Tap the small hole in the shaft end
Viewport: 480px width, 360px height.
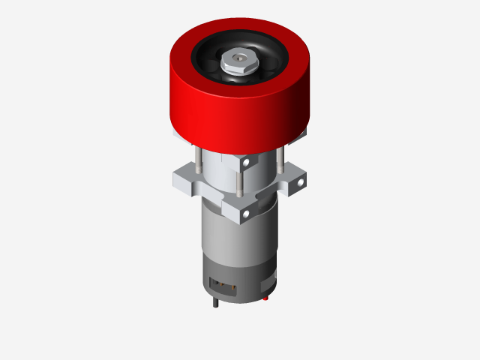(x=238, y=55)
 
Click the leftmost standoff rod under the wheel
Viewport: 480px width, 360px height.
(x=196, y=161)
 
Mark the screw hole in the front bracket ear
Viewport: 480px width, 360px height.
(x=245, y=215)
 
